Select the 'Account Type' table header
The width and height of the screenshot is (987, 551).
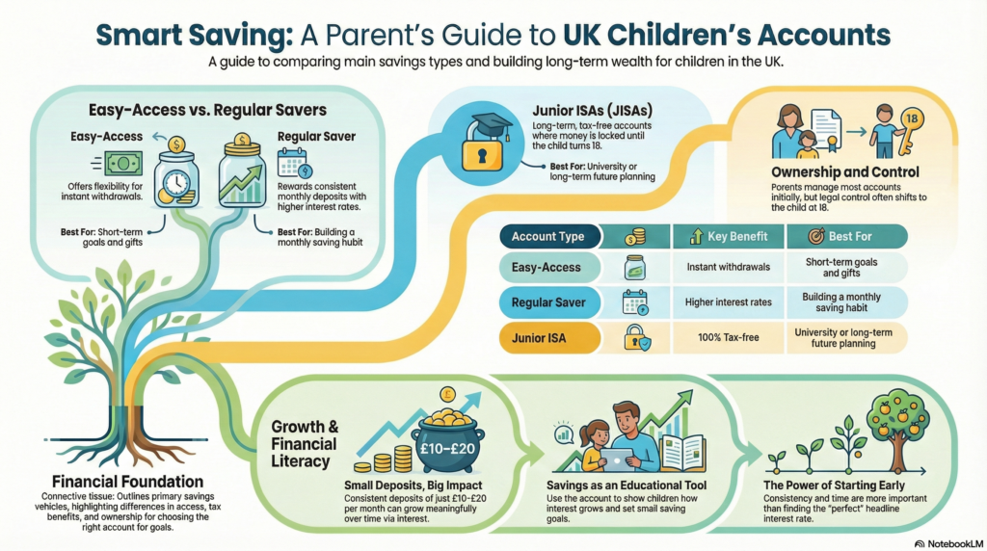coord(547,236)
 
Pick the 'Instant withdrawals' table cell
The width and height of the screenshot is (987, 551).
coord(729,267)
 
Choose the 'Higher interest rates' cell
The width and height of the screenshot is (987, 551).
coord(729,302)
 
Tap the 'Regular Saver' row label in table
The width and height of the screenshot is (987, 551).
coord(547,302)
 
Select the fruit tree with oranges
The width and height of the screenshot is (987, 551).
coord(903,424)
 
